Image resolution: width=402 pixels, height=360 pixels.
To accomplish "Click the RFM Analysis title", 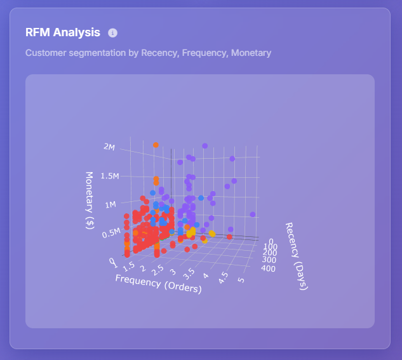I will click(62, 32).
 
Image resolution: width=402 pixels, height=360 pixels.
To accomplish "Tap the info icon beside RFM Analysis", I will click(113, 32).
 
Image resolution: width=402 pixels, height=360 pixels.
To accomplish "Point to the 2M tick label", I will click(109, 147).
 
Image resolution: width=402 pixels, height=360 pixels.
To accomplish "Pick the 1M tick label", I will click(110, 204).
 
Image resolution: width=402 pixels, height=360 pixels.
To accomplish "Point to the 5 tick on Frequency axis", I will click(240, 280).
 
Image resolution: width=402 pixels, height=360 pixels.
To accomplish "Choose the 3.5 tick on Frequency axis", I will click(189, 273).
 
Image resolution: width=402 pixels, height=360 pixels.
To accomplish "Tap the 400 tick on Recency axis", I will click(268, 269).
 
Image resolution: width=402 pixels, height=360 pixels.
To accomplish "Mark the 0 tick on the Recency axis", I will click(272, 241).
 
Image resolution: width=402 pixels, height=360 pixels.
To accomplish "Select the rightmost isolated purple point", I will click(253, 215).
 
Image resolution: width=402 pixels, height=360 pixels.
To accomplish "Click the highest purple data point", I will click(204, 145).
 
